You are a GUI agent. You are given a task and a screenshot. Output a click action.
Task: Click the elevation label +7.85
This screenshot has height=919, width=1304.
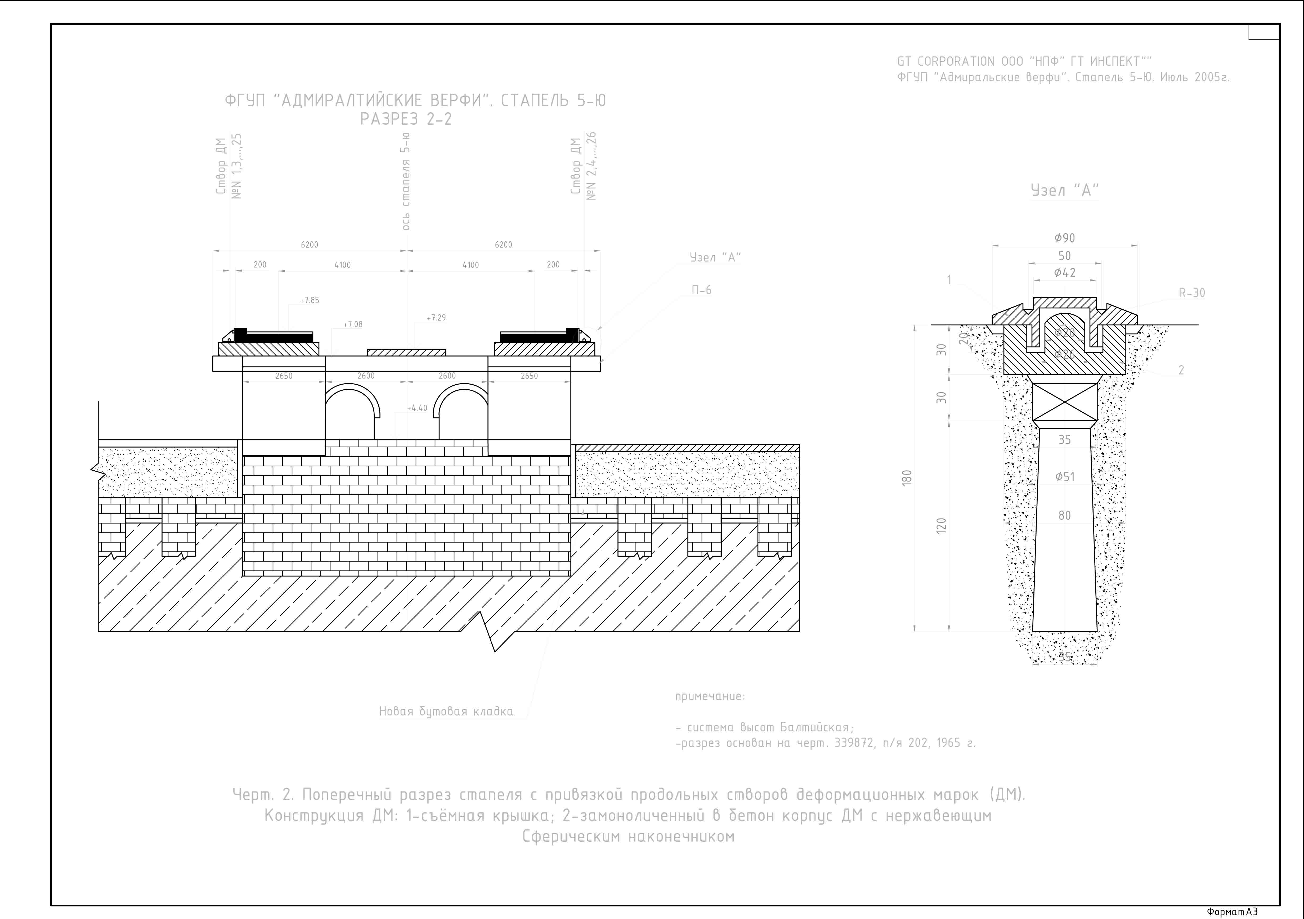pyautogui.click(x=310, y=300)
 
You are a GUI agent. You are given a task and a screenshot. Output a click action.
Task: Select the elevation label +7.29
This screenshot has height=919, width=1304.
pyautogui.click(x=436, y=318)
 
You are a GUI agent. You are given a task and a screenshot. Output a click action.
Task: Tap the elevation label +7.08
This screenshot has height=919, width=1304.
pyautogui.click(x=353, y=325)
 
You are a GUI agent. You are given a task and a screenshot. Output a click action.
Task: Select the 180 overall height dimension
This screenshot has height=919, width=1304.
pyautogui.click(x=907, y=477)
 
